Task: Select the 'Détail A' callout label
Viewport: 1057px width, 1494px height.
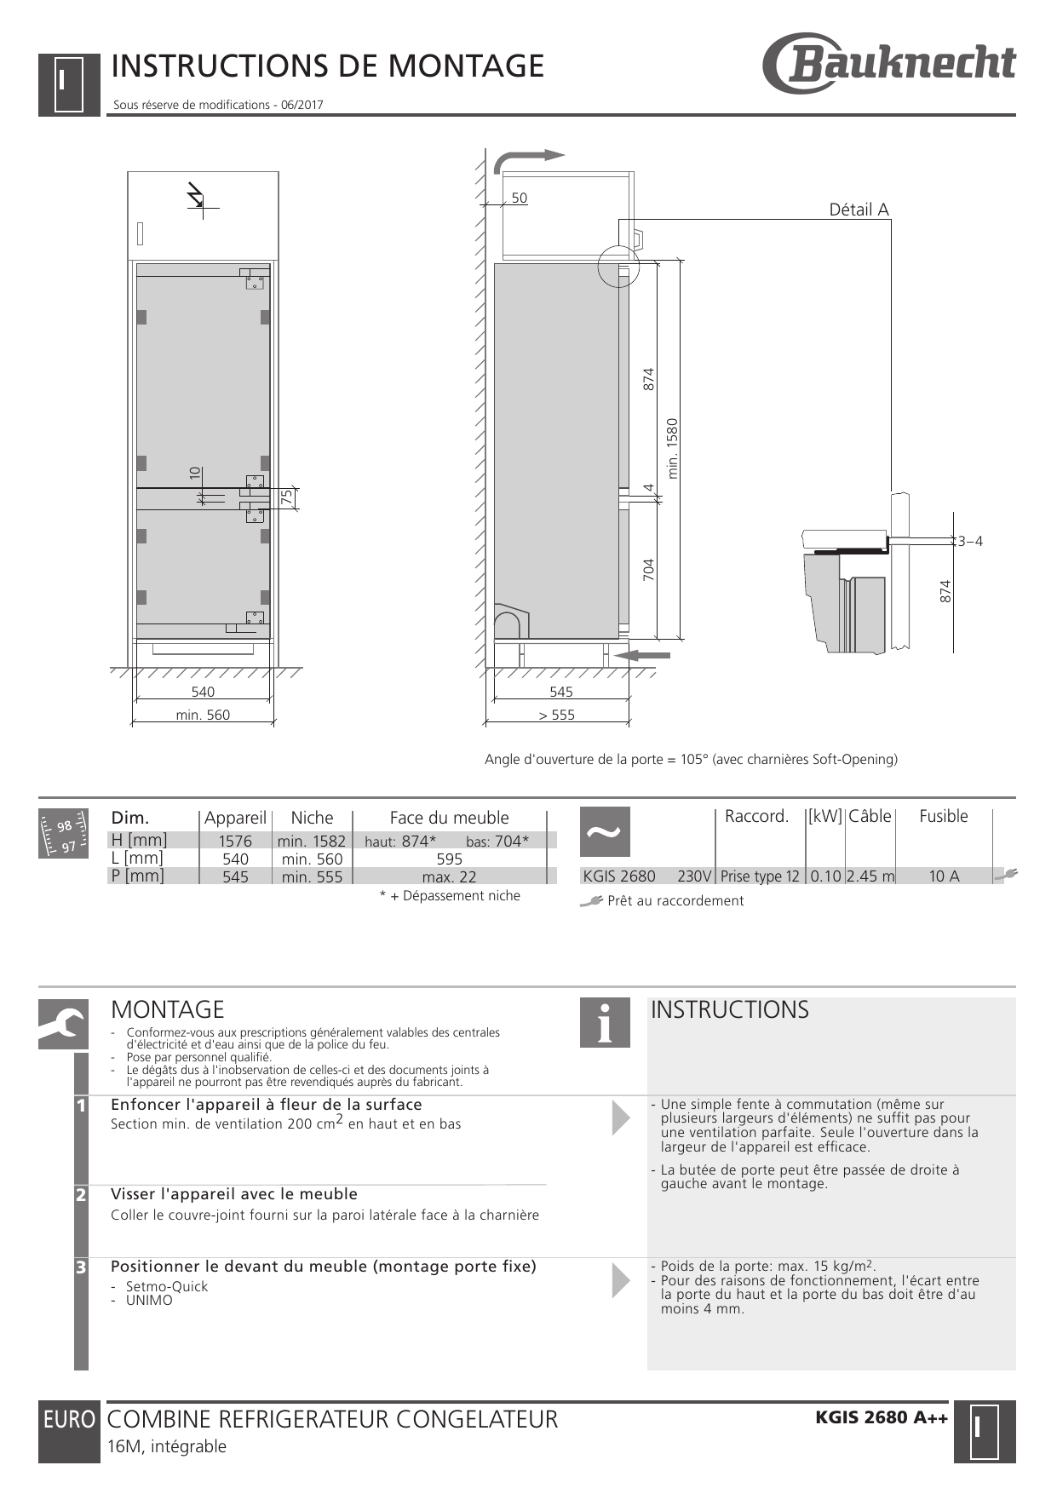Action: [x=859, y=210]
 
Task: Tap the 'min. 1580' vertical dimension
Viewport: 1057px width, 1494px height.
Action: [x=673, y=448]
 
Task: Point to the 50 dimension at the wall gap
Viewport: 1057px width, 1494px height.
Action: [x=519, y=198]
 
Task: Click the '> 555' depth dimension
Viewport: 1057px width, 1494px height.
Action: [x=557, y=715]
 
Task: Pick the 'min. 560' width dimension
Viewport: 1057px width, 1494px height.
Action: [x=203, y=715]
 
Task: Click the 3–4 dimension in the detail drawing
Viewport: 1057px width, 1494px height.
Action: [x=970, y=541]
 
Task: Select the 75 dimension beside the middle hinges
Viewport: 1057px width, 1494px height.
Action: [x=287, y=497]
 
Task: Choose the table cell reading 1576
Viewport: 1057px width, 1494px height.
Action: [x=235, y=842]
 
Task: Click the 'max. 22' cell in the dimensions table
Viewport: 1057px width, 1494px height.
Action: [x=449, y=877]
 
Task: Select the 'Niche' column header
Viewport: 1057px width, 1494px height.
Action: [x=312, y=818]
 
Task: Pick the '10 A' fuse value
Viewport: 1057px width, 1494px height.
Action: [x=944, y=876]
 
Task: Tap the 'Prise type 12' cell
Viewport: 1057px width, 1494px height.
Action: [x=760, y=876]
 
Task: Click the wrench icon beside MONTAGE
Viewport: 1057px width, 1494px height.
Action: [x=63, y=1024]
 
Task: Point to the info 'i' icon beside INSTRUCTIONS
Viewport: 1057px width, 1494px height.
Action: [x=605, y=1023]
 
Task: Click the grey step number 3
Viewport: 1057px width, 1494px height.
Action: [x=81, y=1267]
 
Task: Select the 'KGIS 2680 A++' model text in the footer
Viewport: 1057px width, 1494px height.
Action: [x=882, y=1417]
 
